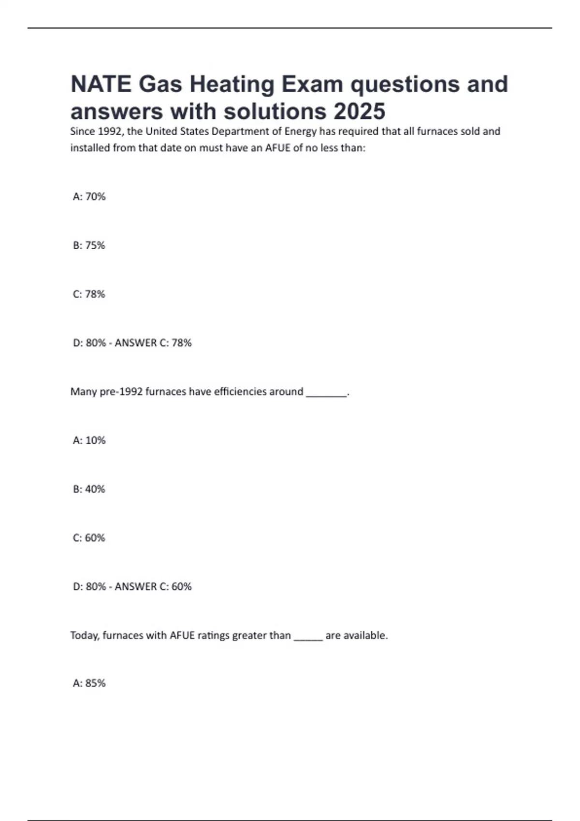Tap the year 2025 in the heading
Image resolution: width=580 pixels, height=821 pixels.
click(359, 112)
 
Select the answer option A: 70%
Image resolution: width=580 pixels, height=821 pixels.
click(89, 197)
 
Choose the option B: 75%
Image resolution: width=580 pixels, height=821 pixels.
click(89, 245)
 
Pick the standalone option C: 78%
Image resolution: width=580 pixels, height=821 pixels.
click(89, 294)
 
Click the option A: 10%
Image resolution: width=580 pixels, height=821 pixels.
click(89, 440)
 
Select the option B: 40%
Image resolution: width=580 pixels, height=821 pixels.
click(89, 489)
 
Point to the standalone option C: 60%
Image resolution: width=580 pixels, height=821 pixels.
click(89, 538)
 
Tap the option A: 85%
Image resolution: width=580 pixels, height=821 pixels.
click(89, 683)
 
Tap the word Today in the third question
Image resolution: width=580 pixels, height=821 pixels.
click(85, 636)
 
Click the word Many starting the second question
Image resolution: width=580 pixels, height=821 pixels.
click(83, 392)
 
